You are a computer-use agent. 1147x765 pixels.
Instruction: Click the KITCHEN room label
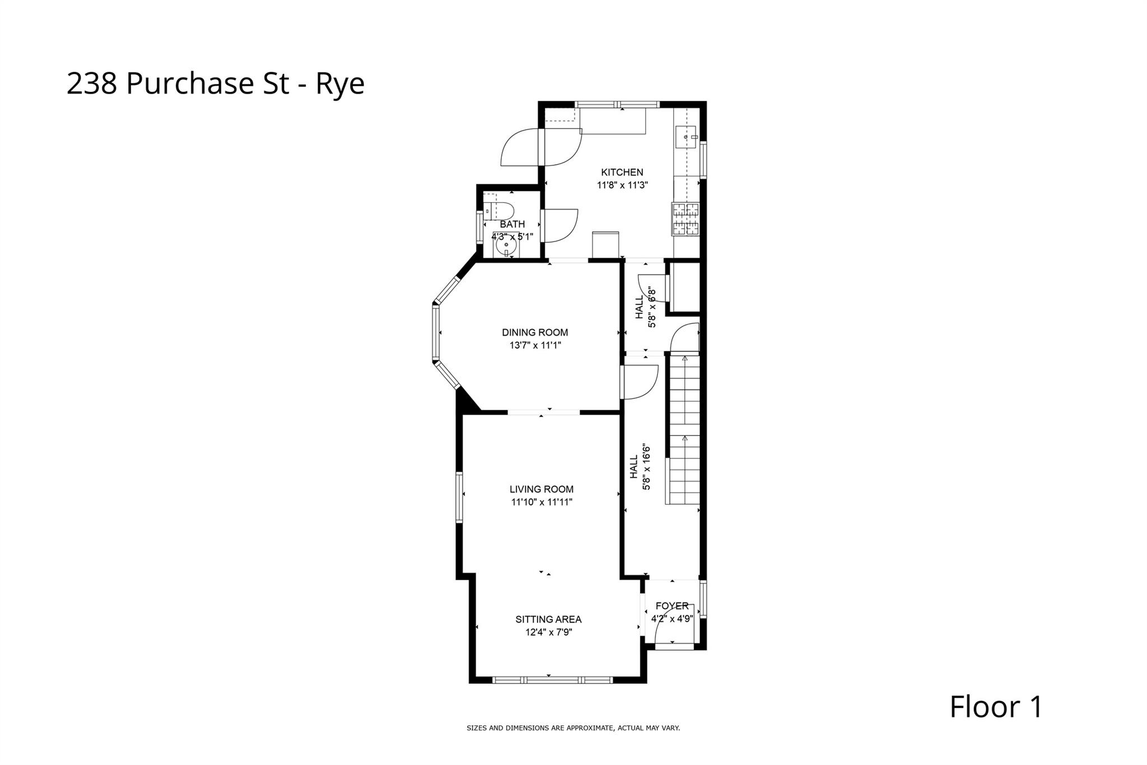point(622,172)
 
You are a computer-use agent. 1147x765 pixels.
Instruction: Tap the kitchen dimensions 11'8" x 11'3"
point(622,186)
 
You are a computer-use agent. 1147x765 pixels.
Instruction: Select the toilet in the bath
point(500,211)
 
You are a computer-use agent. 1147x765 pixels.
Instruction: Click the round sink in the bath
point(506,245)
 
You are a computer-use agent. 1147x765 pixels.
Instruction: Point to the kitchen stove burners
point(686,219)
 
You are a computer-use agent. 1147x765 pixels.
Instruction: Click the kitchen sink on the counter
point(687,137)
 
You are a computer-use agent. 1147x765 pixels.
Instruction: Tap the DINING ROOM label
point(535,332)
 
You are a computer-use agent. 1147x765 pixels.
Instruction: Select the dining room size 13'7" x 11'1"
point(535,346)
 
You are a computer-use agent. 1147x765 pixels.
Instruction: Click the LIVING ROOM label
point(541,489)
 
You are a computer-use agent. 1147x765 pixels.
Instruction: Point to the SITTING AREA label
point(548,619)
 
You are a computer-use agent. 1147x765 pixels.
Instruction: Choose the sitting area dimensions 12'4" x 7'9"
point(548,633)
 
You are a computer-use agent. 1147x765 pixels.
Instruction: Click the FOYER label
point(672,606)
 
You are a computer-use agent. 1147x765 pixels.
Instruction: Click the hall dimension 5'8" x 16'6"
point(646,467)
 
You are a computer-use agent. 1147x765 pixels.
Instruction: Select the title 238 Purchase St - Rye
point(216,84)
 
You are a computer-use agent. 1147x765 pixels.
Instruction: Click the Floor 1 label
point(995,707)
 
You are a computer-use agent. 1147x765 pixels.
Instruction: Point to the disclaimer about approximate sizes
point(573,728)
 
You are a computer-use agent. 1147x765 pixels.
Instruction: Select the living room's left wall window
point(460,497)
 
